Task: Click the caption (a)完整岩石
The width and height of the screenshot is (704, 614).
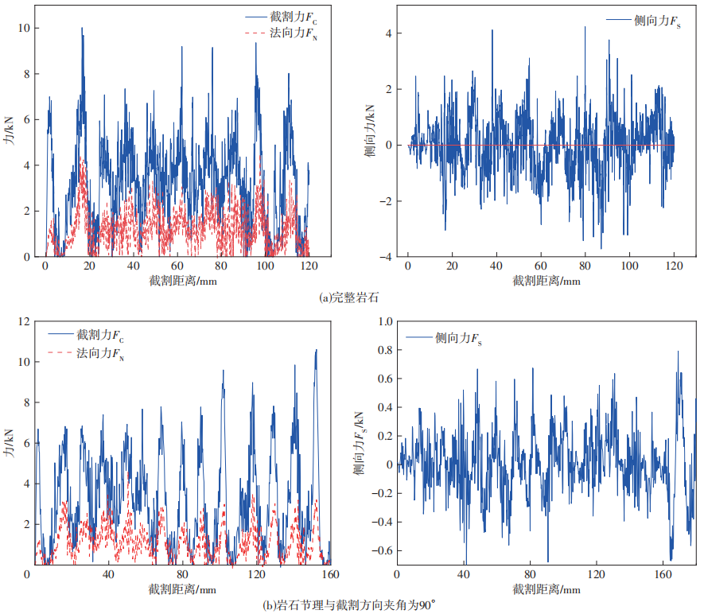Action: [348, 299]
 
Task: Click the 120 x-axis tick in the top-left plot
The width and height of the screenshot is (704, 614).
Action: [307, 266]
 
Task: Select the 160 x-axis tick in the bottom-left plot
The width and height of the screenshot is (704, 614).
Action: [329, 573]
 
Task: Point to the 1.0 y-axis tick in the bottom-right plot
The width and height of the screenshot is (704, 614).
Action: [383, 321]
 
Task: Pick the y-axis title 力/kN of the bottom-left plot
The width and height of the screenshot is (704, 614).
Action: [10, 443]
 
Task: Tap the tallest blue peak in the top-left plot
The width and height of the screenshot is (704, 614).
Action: [81, 29]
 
